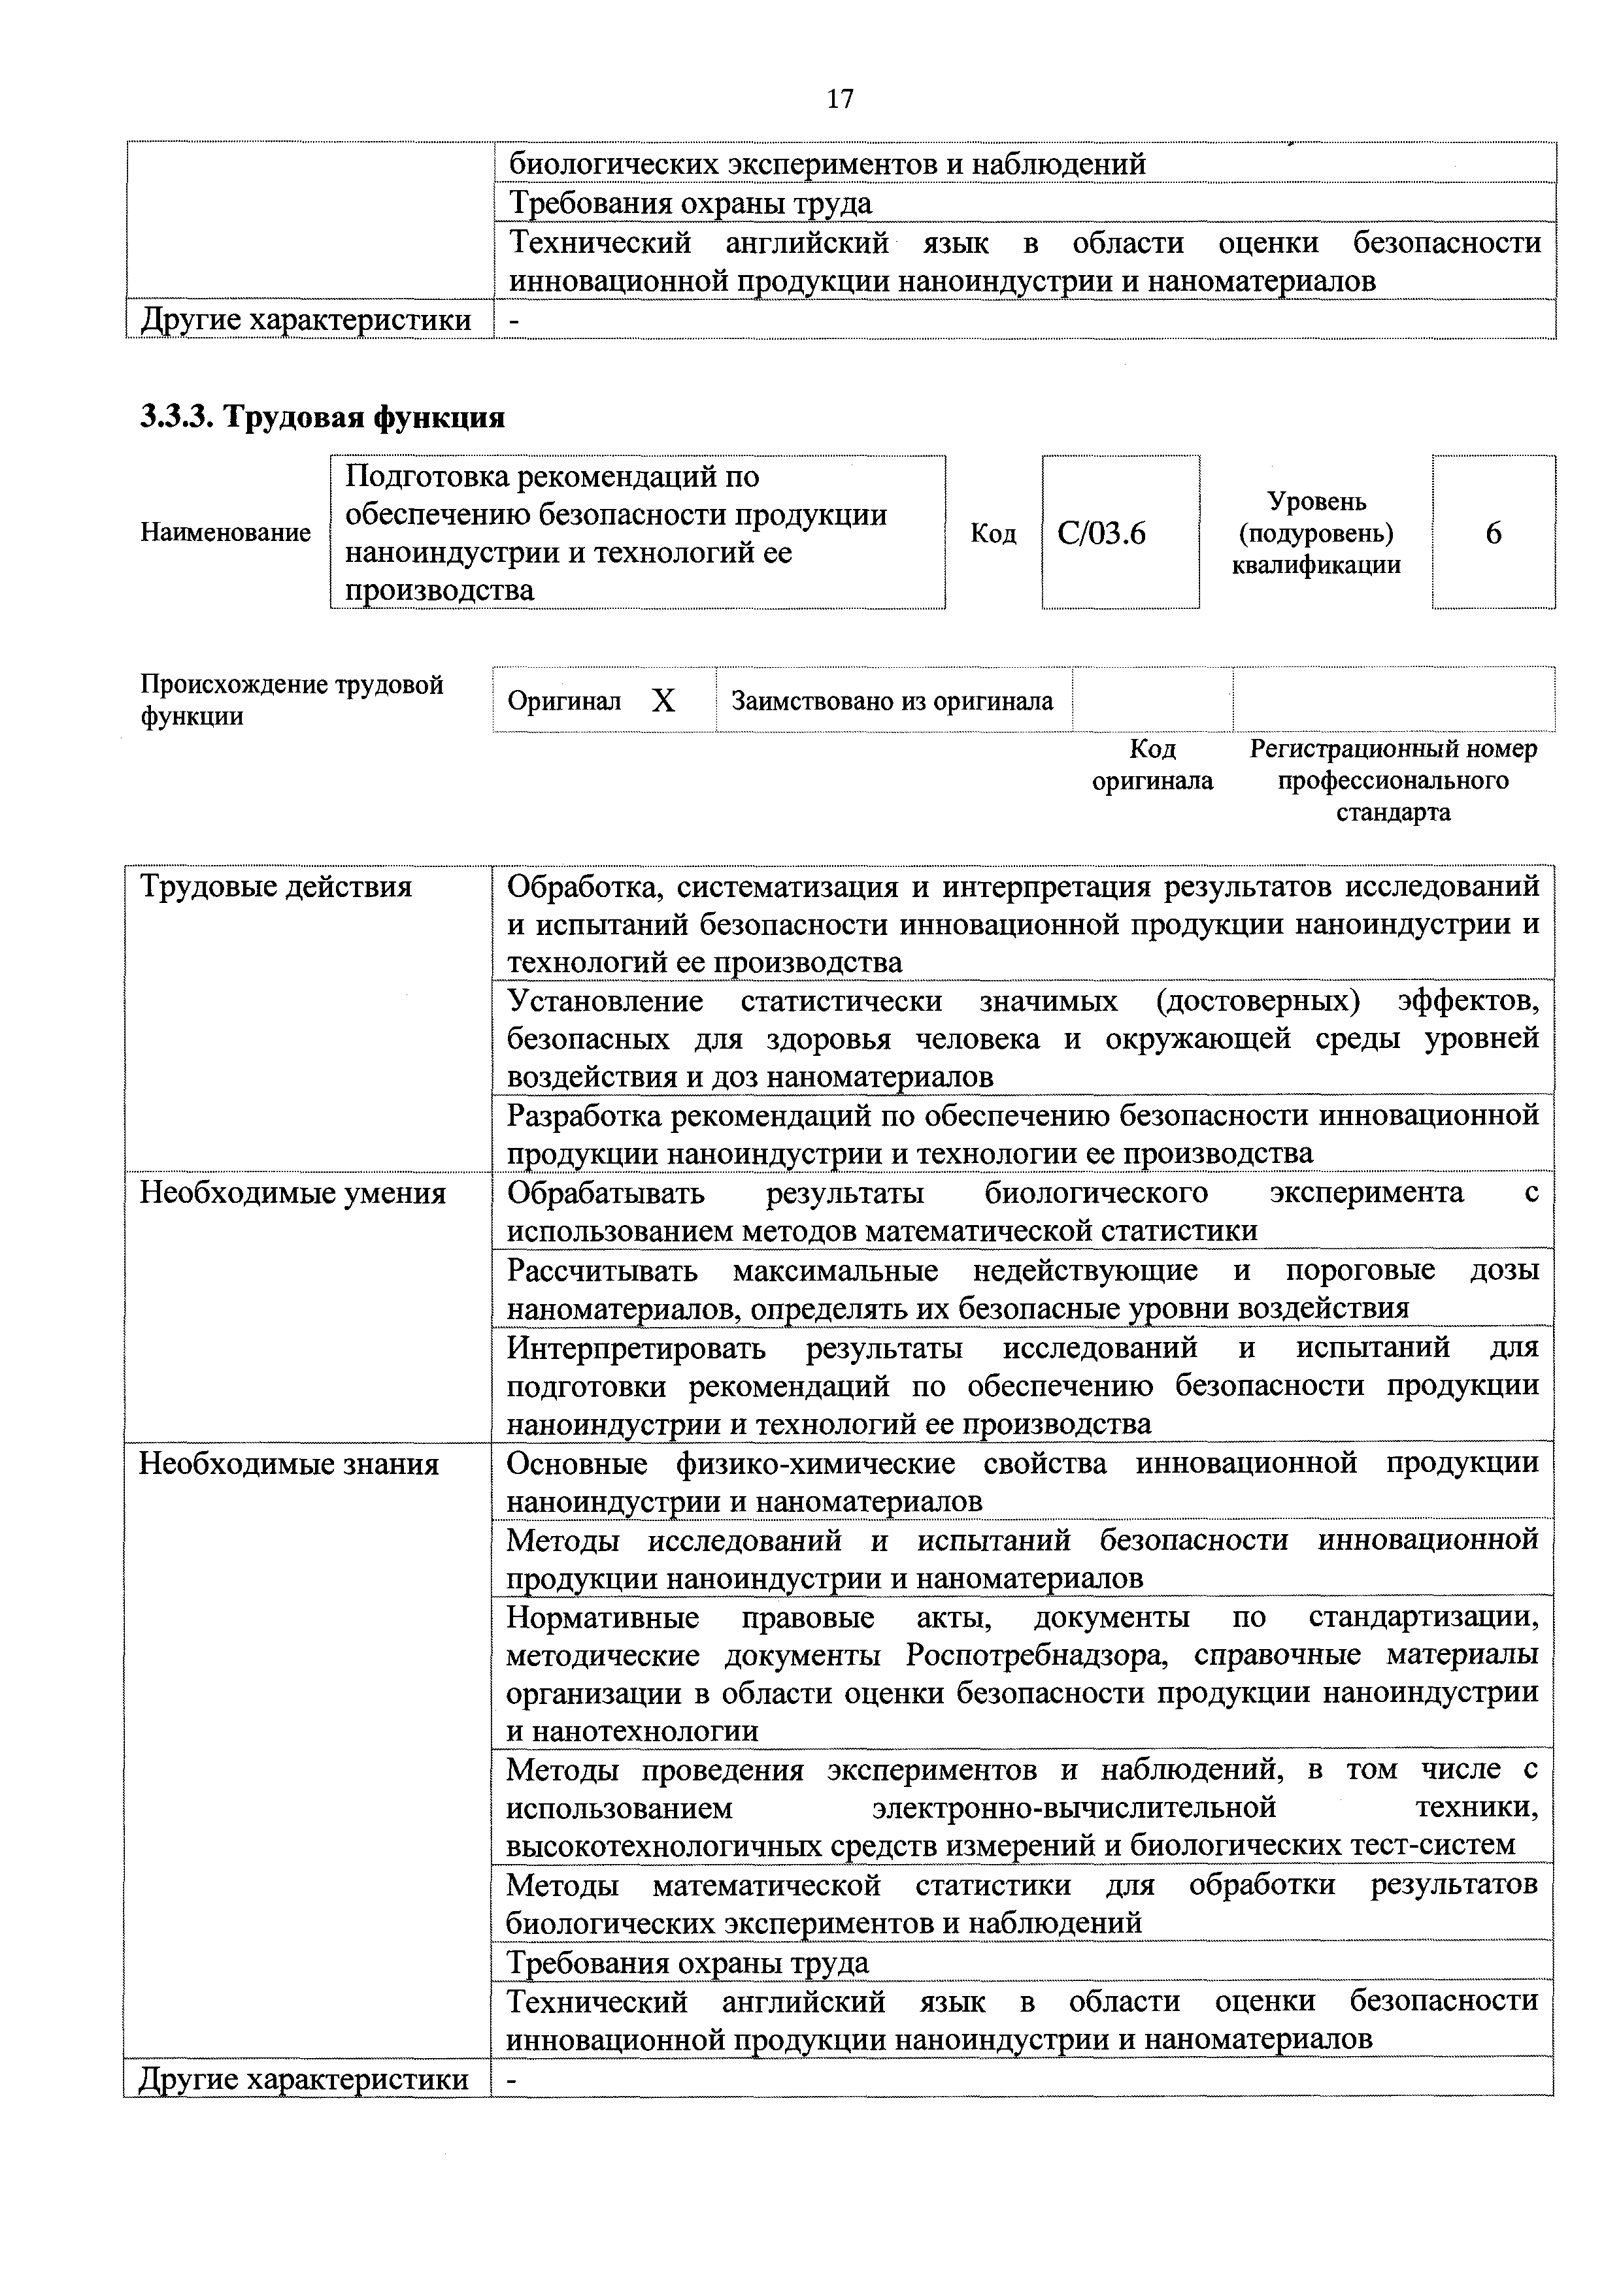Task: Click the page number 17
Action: (840, 98)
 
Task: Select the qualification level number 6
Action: (1493, 534)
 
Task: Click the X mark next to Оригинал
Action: (663, 702)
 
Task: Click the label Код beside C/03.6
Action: (993, 534)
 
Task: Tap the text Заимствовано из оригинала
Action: (892, 702)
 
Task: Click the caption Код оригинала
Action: (1152, 764)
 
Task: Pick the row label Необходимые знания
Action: (289, 1464)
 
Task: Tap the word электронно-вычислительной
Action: (1074, 1808)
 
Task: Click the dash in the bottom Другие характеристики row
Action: (513, 2080)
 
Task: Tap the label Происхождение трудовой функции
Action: (292, 700)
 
